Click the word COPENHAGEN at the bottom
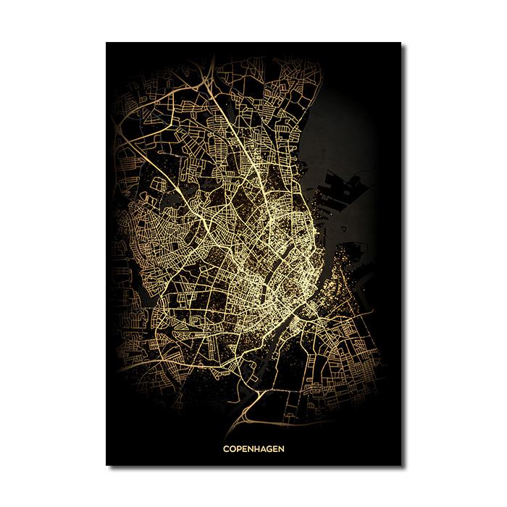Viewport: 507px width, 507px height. [253, 448]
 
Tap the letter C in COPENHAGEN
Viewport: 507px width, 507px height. [225, 448]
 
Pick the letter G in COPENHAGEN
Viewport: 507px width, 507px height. [270, 448]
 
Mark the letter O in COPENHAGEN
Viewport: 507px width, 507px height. [232, 448]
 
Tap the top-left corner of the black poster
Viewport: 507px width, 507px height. [106, 43]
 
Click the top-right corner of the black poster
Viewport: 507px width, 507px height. [401, 43]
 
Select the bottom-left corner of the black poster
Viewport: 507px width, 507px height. [106, 464]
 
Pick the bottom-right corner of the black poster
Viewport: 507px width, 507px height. [401, 464]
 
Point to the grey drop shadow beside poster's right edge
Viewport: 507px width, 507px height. [404, 253]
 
